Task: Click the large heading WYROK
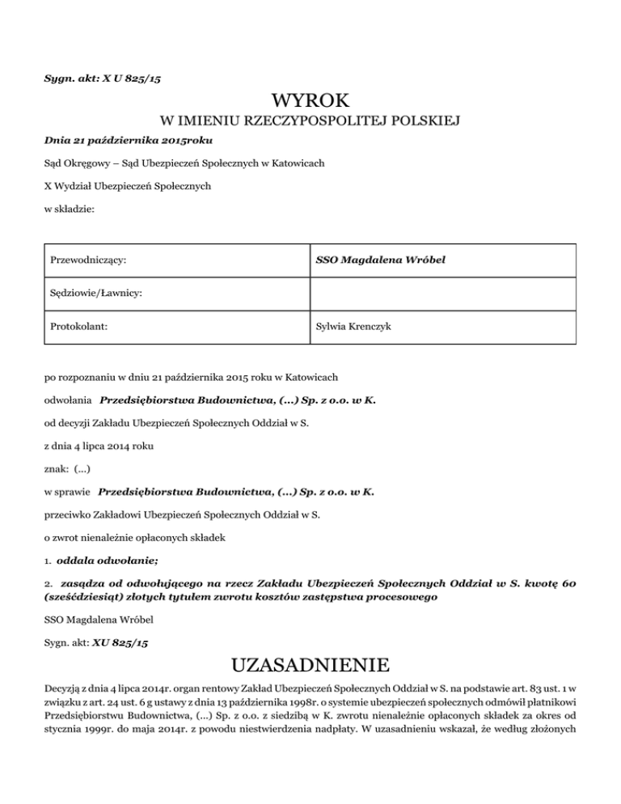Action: tap(310, 101)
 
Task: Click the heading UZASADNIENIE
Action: tap(310, 666)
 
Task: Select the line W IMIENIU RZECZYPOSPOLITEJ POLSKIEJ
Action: tap(310, 122)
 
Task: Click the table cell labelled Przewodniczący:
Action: tap(92, 261)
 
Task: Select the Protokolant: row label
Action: tap(80, 328)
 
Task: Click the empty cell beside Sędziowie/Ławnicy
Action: tap(442, 294)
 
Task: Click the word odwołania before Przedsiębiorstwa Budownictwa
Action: tap(68, 400)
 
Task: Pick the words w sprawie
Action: tap(67, 491)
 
